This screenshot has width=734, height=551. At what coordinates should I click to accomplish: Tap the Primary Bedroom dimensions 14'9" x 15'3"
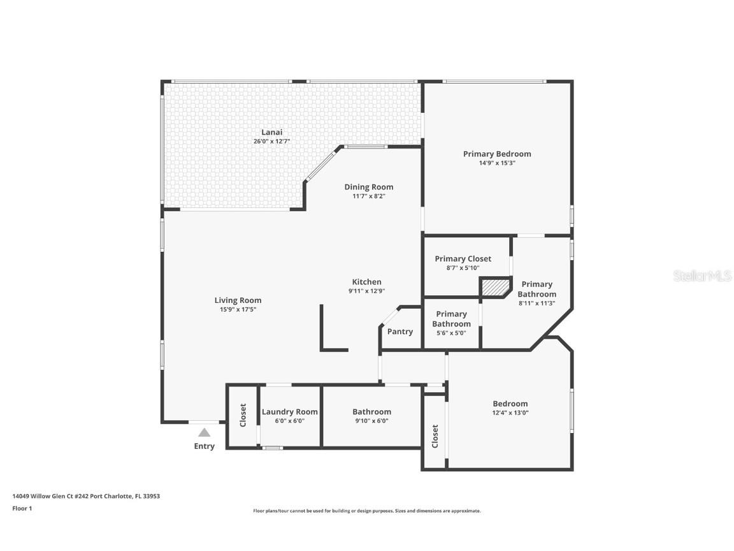(x=497, y=163)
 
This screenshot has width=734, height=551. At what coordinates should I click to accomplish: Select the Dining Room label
(x=369, y=187)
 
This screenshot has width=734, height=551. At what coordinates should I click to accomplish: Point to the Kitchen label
(x=367, y=282)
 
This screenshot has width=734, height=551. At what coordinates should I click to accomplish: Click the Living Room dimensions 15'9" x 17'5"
(x=238, y=309)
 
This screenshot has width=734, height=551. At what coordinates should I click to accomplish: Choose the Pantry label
(x=400, y=332)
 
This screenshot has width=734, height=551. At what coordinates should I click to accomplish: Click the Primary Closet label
(x=463, y=258)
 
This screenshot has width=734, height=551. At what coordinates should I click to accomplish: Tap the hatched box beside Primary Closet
(x=495, y=288)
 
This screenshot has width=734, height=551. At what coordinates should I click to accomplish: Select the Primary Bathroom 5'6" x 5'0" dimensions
(x=451, y=333)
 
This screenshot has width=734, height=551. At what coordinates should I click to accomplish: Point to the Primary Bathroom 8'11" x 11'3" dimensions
(x=536, y=303)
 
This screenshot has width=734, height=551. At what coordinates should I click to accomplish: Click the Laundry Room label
(x=290, y=411)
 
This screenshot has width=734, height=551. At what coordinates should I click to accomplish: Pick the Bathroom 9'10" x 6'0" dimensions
(x=371, y=421)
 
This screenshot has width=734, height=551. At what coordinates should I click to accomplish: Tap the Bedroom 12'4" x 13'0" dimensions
(x=510, y=413)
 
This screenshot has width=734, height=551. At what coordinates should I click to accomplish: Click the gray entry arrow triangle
(x=204, y=432)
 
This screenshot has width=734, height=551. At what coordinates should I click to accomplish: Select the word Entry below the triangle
(x=204, y=446)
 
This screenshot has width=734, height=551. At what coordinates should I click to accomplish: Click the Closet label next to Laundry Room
(x=243, y=415)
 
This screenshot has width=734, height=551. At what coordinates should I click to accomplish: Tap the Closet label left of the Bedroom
(x=435, y=436)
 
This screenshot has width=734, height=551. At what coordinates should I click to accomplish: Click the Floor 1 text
(x=22, y=508)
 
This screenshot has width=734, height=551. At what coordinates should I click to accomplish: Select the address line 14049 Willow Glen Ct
(x=86, y=496)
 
